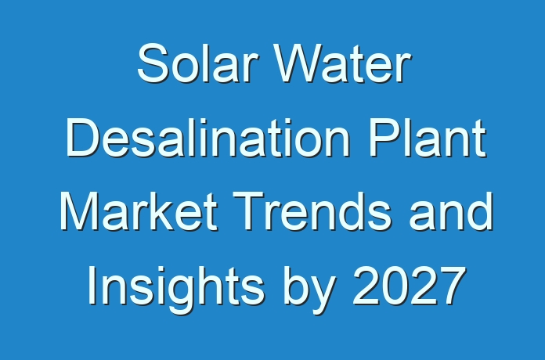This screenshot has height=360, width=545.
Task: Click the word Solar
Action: click(198, 63)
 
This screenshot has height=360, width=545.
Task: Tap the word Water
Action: click(343, 63)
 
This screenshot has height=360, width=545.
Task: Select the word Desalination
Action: click(208, 137)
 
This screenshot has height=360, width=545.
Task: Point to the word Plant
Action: click(427, 137)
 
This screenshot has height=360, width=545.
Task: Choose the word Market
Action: click(139, 211)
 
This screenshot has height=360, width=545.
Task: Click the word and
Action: click(451, 211)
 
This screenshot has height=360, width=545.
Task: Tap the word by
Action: click(309, 289)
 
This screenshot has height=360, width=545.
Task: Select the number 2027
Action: click(409, 285)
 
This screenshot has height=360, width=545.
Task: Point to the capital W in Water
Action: click(298, 63)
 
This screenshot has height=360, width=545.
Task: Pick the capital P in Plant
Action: click(383, 138)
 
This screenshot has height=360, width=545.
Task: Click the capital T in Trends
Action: click(247, 211)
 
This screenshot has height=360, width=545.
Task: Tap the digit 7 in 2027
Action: click(452, 286)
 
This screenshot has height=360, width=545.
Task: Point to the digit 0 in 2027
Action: click(395, 286)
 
